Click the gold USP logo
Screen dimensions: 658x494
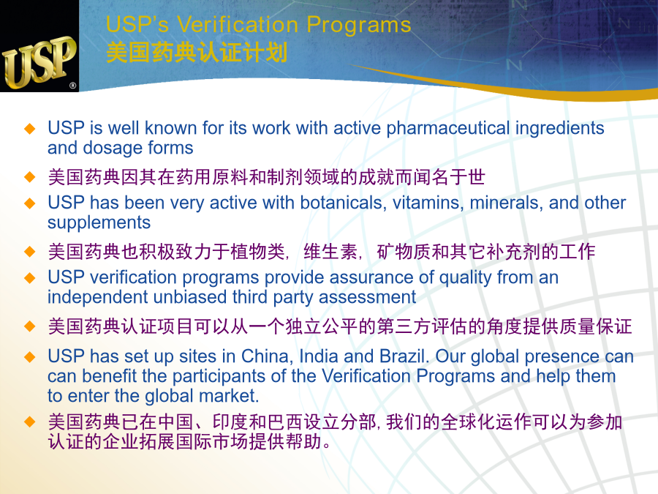39,62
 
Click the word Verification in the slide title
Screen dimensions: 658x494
238,24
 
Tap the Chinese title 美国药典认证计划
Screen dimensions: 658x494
197,53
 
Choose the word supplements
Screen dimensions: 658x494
99,223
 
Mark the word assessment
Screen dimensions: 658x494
368,297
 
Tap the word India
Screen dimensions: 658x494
319,356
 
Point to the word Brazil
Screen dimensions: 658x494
404,356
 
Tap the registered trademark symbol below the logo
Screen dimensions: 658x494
72,86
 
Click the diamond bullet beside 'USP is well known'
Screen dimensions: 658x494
30,129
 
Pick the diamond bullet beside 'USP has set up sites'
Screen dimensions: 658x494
30,357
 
